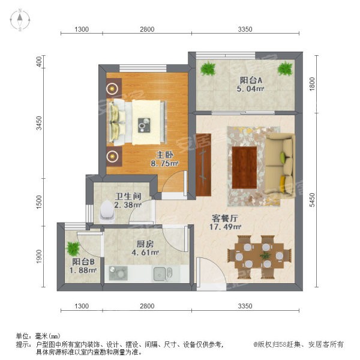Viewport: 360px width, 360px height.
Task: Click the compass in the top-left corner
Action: coord(20,20)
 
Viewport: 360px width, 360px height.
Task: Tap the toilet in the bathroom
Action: coord(107,212)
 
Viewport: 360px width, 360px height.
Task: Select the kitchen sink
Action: coord(163,274)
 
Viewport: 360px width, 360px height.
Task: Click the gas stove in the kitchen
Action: coord(118,273)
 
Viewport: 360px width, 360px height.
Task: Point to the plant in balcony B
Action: coord(73,248)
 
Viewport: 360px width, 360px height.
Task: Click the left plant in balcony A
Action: coord(208,68)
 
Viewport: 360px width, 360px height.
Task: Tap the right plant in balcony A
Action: coord(285,68)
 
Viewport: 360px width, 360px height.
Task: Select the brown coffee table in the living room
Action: coord(244,167)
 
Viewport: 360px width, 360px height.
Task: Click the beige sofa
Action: coord(279,164)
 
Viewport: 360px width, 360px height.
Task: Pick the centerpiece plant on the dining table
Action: coord(265,255)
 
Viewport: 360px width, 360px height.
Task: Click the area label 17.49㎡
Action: coord(225,227)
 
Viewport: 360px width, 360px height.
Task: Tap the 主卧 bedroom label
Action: coord(164,155)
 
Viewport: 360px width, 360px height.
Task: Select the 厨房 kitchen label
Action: coord(145,244)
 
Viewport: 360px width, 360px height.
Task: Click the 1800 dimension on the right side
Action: coord(312,84)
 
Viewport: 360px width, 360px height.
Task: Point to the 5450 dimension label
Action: coord(312,200)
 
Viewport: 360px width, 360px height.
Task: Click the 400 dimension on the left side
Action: coord(39,62)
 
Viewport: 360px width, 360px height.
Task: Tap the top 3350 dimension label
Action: coord(245,29)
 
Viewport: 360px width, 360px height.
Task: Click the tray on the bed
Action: coord(144,125)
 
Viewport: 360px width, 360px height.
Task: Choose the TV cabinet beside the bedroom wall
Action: coord(203,165)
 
